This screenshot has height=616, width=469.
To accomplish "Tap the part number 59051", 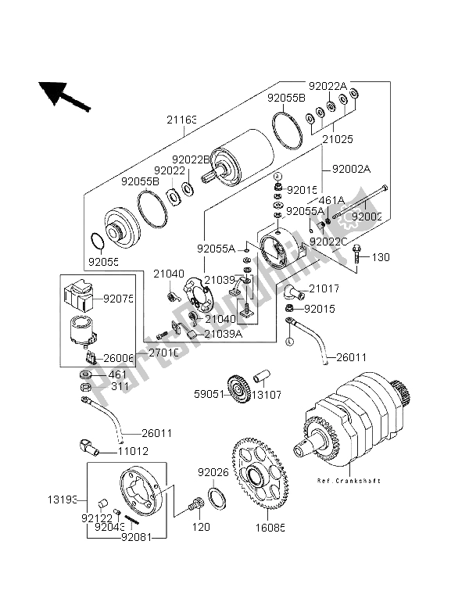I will point(211,394).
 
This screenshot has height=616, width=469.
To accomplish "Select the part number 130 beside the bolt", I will point(379,257).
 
